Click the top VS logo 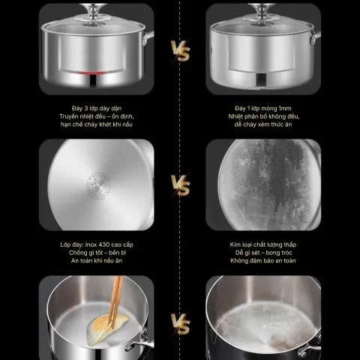point(181,51)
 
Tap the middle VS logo point(181,185)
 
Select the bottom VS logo point(181,324)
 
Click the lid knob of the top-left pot point(94,12)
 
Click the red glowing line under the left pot point(93,73)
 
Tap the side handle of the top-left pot point(148,37)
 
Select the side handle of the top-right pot point(316,38)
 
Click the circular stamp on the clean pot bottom point(98,185)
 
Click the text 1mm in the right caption point(285,108)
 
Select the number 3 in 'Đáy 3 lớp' point(86,108)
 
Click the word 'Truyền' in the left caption point(68,116)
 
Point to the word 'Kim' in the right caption point(235,244)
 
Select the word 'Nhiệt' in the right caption point(235,116)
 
